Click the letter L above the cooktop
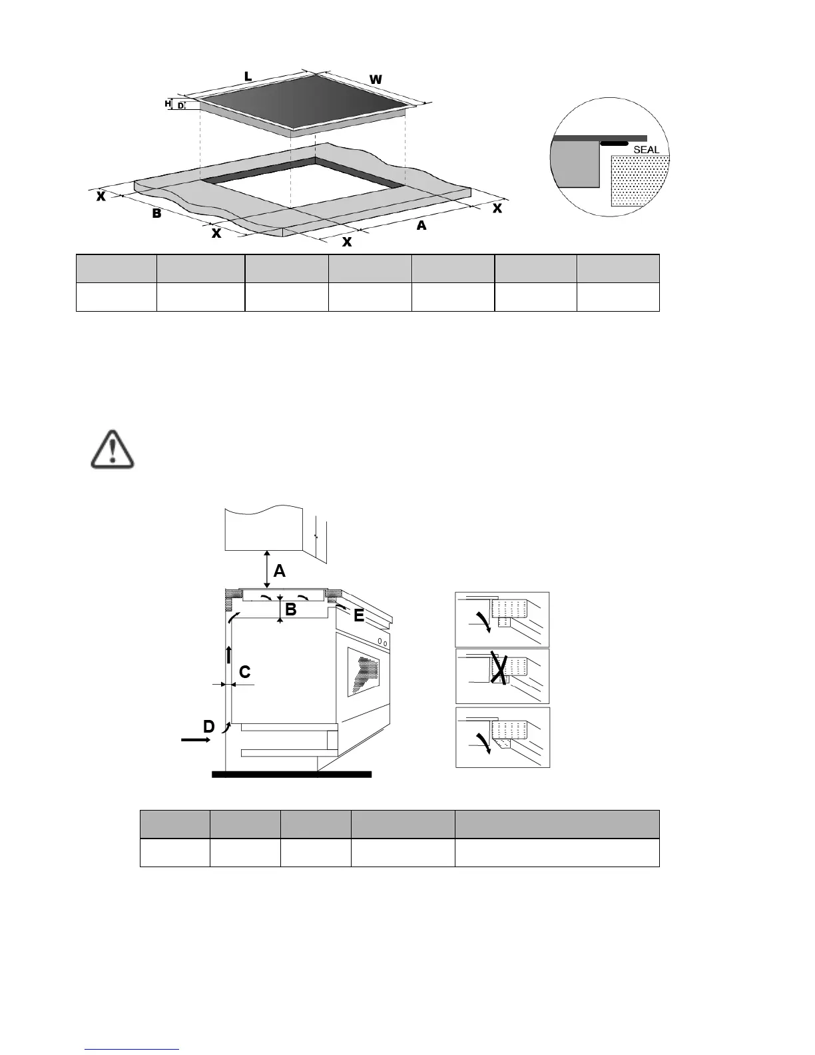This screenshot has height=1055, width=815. tap(248, 77)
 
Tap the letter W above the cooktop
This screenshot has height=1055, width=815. tap(376, 80)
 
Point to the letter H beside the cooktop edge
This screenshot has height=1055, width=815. tap(168, 104)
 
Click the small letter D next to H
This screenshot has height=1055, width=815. tap(180, 105)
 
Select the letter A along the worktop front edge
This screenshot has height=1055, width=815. tap(421, 226)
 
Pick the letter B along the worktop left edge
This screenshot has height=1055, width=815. tap(156, 214)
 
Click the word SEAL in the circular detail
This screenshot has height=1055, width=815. tap(646, 150)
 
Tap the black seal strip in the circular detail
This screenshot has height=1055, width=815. tap(614, 143)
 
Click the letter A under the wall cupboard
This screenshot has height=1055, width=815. tap(280, 571)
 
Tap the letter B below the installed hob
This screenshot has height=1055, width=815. tap(290, 609)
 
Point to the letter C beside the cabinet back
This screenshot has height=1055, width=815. tap(245, 672)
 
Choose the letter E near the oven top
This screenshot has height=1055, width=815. tap(360, 616)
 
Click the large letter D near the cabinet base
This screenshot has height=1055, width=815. tap(209, 727)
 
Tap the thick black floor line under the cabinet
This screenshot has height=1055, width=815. tap(291, 774)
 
